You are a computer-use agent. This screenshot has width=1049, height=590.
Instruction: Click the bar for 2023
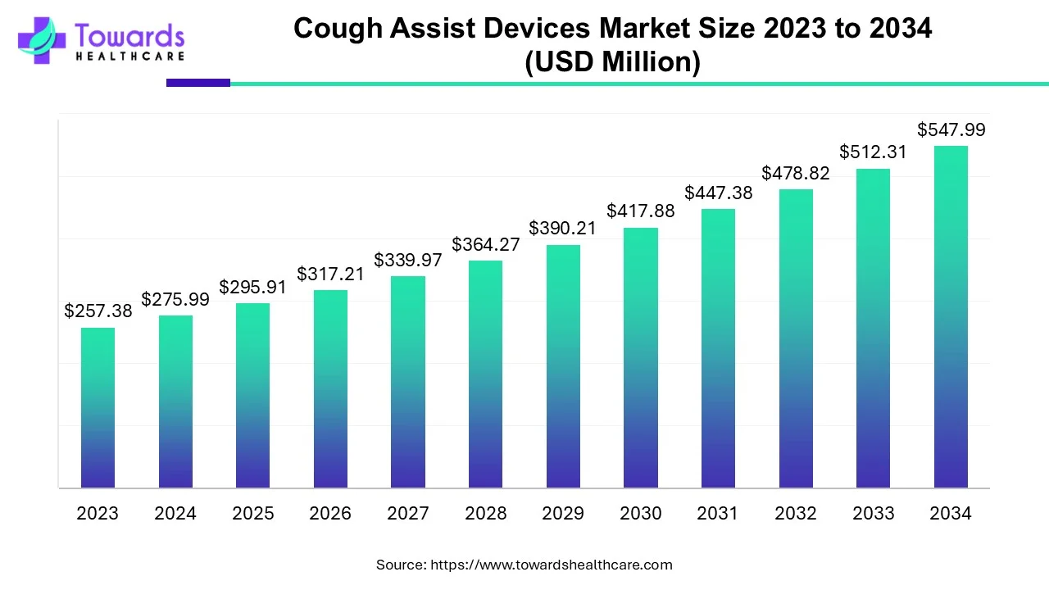pyautogui.click(x=98, y=407)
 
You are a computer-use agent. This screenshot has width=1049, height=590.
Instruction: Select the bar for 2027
pyautogui.click(x=408, y=382)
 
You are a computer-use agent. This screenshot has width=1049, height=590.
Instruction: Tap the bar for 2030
pyautogui.click(x=641, y=357)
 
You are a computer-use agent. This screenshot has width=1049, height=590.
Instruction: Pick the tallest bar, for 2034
pyautogui.click(x=951, y=317)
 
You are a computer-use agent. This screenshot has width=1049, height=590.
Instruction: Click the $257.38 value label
pyautogui.click(x=98, y=311)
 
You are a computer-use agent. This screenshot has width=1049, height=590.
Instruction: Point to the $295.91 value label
pyautogui.click(x=252, y=288)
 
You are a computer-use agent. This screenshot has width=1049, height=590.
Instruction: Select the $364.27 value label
pyautogui.click(x=485, y=244)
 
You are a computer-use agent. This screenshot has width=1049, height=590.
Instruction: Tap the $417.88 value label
pyautogui.click(x=641, y=211)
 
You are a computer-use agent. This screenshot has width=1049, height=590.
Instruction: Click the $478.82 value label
pyautogui.click(x=796, y=173)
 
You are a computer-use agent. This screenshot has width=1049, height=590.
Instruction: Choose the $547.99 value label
pyautogui.click(x=951, y=129)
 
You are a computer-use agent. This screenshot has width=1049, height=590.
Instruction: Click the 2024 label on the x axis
pyautogui.click(x=175, y=514)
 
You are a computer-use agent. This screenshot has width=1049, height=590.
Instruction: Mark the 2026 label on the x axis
pyautogui.click(x=330, y=514)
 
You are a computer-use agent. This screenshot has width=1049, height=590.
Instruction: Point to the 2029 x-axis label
pyautogui.click(x=563, y=514)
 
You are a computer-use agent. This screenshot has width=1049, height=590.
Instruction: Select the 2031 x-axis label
pyautogui.click(x=718, y=514)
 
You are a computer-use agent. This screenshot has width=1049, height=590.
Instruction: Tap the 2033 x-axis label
pyautogui.click(x=874, y=514)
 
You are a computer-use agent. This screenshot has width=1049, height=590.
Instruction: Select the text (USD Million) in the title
pyautogui.click(x=612, y=62)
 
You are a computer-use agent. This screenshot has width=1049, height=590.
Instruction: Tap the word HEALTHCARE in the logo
pyautogui.click(x=129, y=56)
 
